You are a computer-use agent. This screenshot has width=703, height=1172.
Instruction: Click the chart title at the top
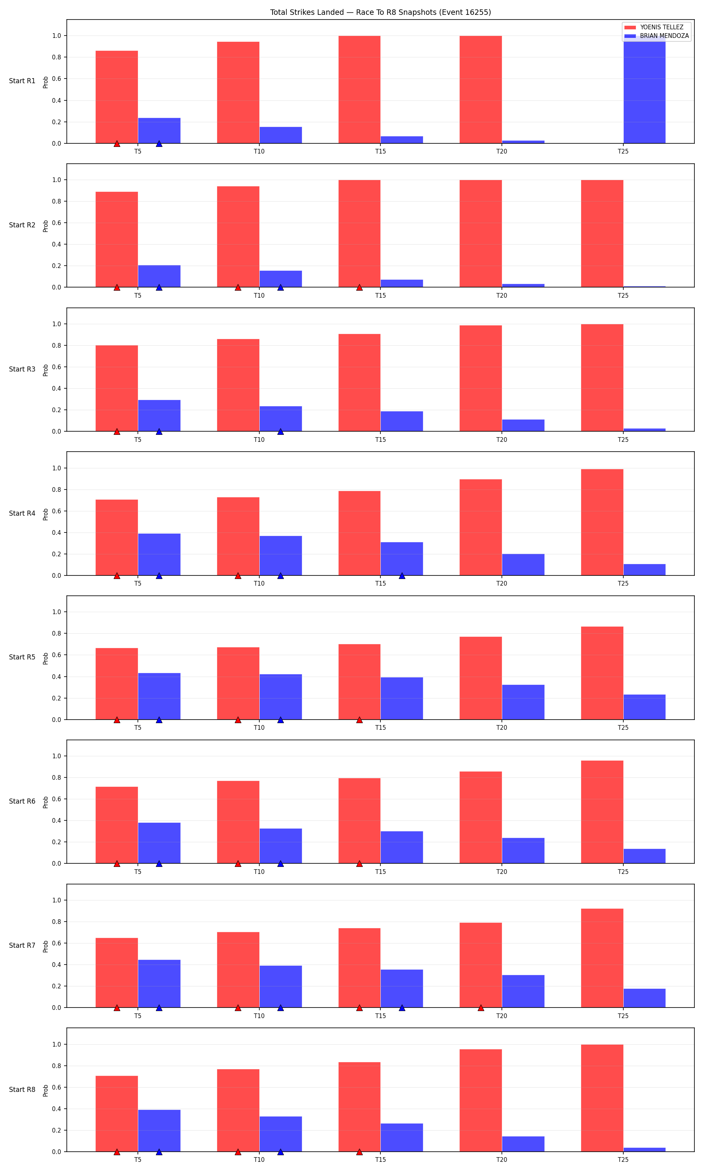pos(380,13)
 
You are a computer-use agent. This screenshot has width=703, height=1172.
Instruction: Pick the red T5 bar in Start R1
pos(116,97)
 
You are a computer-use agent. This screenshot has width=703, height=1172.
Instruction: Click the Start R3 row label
pos(22,369)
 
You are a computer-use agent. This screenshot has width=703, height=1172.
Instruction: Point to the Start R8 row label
pos(22,1090)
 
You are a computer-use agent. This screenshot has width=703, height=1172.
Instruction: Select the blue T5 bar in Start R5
pos(159,697)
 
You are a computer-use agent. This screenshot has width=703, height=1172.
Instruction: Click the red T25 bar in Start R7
pos(602,958)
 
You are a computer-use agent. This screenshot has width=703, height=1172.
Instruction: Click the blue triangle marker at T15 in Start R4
pos(402,575)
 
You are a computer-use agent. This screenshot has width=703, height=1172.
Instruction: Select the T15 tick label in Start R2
pos(380,296)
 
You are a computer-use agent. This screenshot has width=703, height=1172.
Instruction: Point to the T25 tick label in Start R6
pos(623,872)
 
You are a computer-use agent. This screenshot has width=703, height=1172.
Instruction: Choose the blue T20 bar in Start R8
pos(523,1144)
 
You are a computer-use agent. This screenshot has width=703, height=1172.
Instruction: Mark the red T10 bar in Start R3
pos(238,385)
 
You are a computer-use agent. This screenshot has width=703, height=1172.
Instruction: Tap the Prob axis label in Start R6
pos(45,802)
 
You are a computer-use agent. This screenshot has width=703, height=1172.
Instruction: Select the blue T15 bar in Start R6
pos(402,847)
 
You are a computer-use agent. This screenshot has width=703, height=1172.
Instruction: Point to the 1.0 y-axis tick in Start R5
pos(57,612)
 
